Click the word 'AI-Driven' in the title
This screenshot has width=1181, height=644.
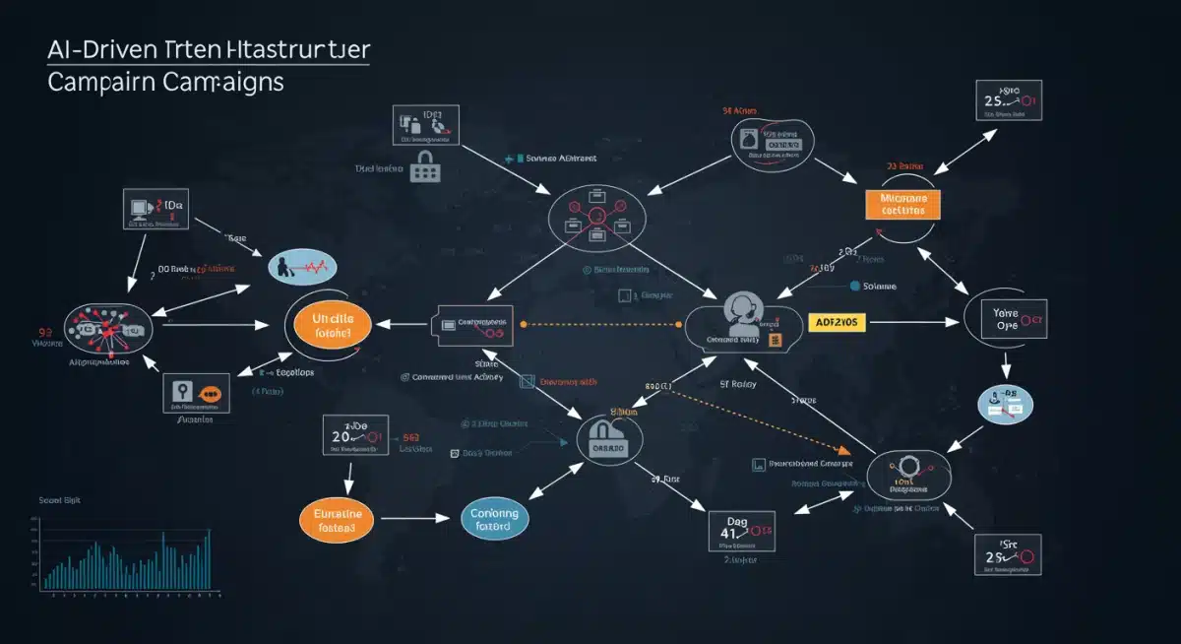pos(98,49)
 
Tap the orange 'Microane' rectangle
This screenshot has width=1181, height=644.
pos(902,204)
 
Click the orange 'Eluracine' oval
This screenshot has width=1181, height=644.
pos(338,519)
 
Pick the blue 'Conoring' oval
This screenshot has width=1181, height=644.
pos(495,519)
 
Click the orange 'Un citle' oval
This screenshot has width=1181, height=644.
pos(328,327)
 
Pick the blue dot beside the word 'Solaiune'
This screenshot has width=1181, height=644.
pos(852,286)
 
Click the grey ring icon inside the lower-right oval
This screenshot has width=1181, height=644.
pos(902,466)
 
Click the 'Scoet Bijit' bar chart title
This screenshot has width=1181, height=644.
pos(58,500)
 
